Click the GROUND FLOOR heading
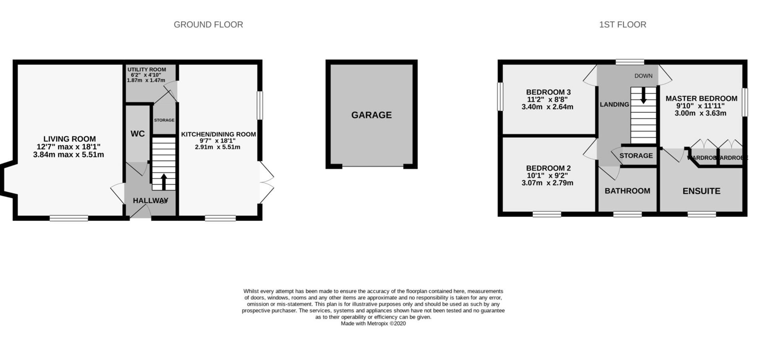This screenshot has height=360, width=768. click(x=208, y=25)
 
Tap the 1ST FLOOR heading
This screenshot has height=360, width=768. click(x=622, y=25)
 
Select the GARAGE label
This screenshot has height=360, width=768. click(x=371, y=115)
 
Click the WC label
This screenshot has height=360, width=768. click(x=138, y=134)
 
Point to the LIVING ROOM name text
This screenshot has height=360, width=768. click(x=69, y=139)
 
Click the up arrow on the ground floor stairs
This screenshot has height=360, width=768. click(x=164, y=181)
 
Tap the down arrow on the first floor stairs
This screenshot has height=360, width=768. click(x=643, y=96)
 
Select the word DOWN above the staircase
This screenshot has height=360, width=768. click(x=643, y=76)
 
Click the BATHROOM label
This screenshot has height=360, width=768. click(x=627, y=191)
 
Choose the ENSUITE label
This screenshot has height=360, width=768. click(x=701, y=191)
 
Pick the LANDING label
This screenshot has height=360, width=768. click(x=614, y=104)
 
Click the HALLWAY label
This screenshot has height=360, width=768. click(x=150, y=200)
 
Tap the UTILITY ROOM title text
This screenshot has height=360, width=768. click(x=146, y=70)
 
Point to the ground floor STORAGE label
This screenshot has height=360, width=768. click(x=164, y=120)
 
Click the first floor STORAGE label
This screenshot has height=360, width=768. click(x=636, y=156)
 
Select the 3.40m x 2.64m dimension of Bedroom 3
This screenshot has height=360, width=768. click(x=547, y=107)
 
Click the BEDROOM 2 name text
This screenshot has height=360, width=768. click(x=548, y=168)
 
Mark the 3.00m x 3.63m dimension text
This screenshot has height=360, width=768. click(x=700, y=113)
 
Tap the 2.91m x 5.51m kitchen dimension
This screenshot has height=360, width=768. click(x=218, y=147)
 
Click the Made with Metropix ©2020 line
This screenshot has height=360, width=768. click(x=373, y=324)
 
